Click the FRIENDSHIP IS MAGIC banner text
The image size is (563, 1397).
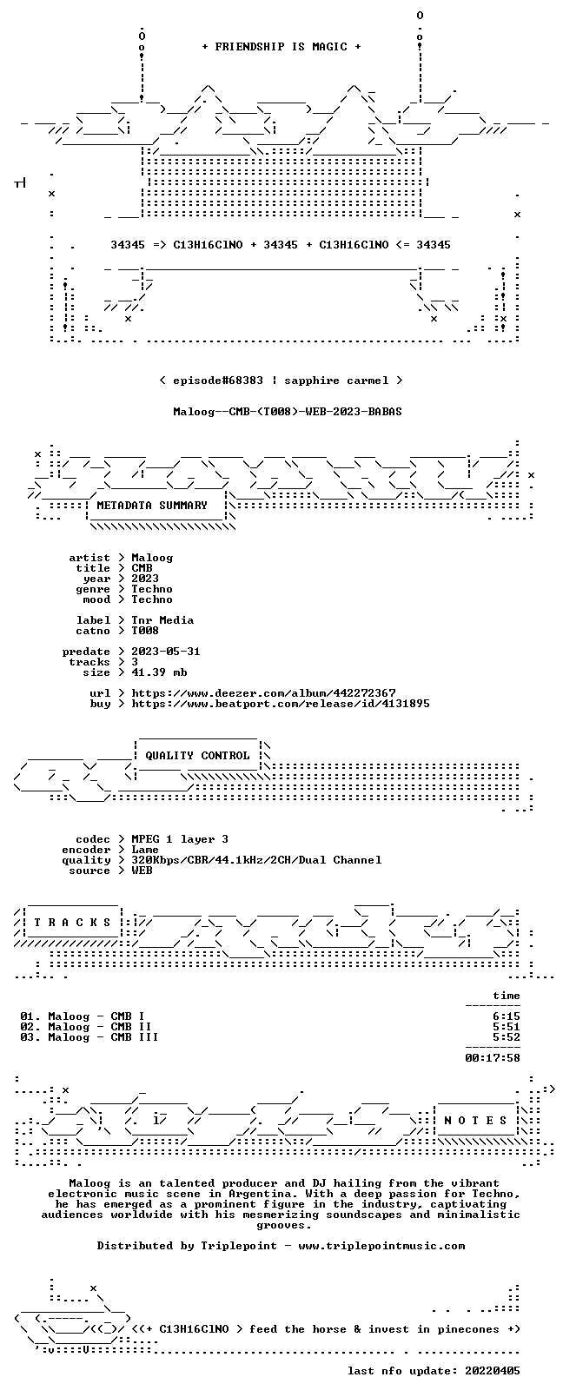click(281, 47)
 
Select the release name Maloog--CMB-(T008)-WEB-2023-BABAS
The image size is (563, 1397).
click(288, 412)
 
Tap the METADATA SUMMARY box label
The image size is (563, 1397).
click(152, 505)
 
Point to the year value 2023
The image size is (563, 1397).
click(145, 578)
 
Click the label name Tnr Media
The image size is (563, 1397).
click(162, 620)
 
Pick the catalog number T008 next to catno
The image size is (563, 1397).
click(145, 631)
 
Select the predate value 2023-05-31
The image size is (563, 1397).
click(166, 651)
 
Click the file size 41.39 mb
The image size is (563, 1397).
click(159, 672)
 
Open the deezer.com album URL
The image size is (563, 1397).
click(264, 693)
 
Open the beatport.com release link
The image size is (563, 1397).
click(281, 704)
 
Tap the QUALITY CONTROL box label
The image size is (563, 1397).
click(197, 755)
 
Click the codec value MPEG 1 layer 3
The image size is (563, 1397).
click(180, 839)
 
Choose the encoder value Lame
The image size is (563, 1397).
click(145, 850)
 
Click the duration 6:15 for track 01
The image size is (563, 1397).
click(507, 1016)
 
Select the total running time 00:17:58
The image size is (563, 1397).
click(493, 1057)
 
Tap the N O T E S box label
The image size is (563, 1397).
click(476, 1120)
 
